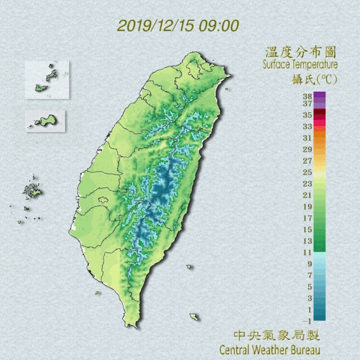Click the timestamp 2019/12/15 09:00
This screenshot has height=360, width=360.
[x=178, y=26]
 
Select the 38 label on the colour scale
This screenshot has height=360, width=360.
[x=307, y=96]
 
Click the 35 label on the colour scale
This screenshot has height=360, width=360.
[x=307, y=115]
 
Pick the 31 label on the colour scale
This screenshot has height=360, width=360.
[x=307, y=138]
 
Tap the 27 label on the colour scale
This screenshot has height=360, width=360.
[x=307, y=160]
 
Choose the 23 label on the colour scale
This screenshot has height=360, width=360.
[x=307, y=183]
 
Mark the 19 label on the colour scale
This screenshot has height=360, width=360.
[x=307, y=206]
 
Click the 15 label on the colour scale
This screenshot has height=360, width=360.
[x=307, y=229]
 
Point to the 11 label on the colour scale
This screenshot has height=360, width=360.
[x=307, y=252]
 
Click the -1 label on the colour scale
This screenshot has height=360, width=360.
[x=307, y=321]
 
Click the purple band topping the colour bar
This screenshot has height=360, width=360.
[x=319, y=96]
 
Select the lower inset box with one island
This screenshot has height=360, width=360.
[x=46, y=120]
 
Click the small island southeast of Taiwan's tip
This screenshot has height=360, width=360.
[x=194, y=317]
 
